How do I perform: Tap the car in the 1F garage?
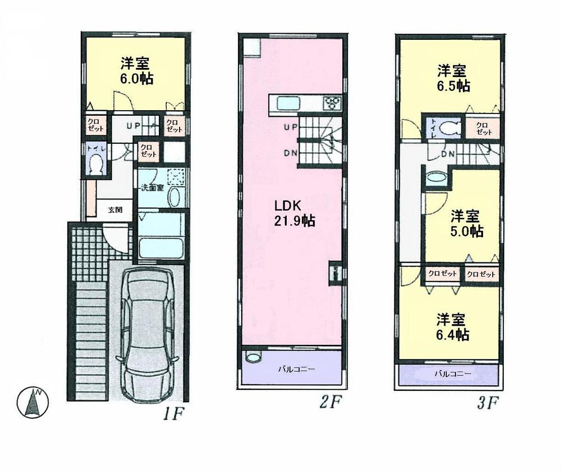point(148,332)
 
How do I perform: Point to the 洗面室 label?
point(151,188)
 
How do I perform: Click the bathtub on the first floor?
point(160,248)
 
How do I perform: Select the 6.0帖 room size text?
point(136,79)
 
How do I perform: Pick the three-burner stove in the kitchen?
point(331,103)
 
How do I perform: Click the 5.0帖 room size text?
point(468,231)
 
